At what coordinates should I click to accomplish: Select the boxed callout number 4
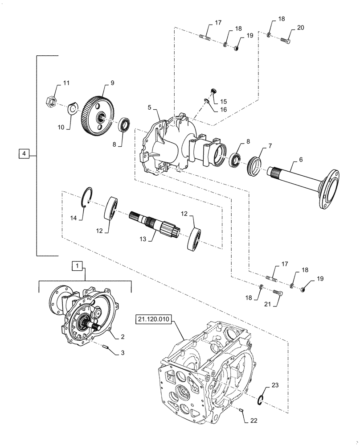point(24,154)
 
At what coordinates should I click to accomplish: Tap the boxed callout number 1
point(77,266)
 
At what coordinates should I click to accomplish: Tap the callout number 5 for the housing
point(150,107)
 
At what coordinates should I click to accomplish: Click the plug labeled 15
point(213,91)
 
